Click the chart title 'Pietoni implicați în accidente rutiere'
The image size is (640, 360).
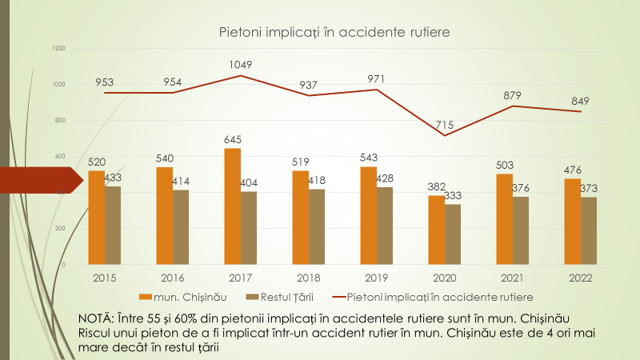click(x=334, y=33)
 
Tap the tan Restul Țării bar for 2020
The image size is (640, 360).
click(x=453, y=234)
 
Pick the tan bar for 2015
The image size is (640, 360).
click(x=113, y=226)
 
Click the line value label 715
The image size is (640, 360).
click(x=445, y=125)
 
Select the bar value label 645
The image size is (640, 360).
click(x=232, y=140)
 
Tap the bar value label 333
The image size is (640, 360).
click(x=453, y=195)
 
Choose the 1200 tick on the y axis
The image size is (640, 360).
click(x=59, y=48)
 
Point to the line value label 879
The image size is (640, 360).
click(x=513, y=95)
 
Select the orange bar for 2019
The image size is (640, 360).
click(x=368, y=216)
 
